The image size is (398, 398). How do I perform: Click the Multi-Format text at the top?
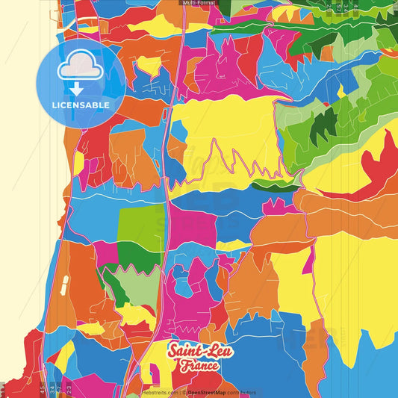[x=199, y=3]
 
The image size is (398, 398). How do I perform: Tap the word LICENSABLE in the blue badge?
[x=81, y=105]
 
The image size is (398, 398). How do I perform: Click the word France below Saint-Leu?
[x=199, y=366]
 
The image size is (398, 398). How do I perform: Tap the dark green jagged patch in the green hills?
[x=326, y=119]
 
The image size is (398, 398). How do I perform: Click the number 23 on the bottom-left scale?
[x=69, y=389]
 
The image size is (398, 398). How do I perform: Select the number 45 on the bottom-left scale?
[x=41, y=389]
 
